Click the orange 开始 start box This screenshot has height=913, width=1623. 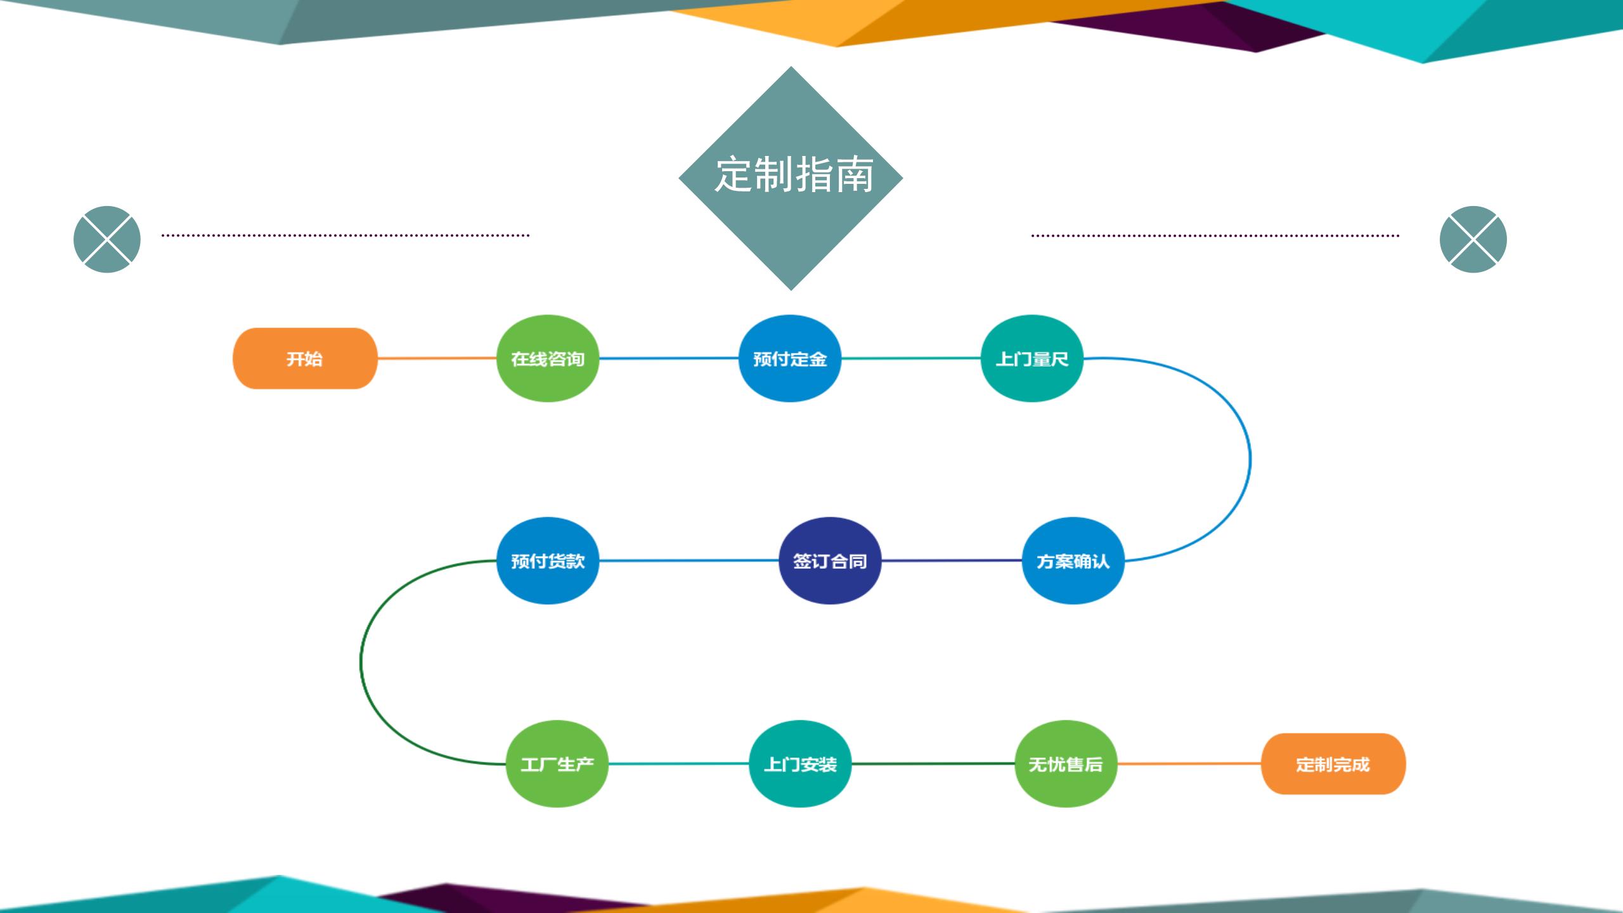(305, 358)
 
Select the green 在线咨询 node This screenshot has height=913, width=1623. (548, 358)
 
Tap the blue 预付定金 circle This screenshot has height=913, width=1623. (790, 358)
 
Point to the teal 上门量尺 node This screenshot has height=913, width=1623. (1032, 358)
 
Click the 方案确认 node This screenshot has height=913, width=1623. (1073, 560)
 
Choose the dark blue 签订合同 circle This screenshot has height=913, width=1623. (830, 560)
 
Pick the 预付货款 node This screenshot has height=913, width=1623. (548, 560)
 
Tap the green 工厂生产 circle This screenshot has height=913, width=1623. (557, 763)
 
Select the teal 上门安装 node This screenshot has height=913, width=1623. (800, 763)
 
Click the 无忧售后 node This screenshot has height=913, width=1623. (1066, 763)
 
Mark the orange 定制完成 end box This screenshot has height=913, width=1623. (1333, 763)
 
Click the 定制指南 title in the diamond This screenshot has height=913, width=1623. (794, 174)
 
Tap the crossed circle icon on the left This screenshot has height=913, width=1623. (107, 239)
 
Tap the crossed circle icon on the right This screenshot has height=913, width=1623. (1473, 239)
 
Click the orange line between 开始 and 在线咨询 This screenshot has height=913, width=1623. (437, 358)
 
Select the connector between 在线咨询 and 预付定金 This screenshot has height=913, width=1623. (669, 358)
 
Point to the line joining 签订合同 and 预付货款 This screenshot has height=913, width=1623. (689, 560)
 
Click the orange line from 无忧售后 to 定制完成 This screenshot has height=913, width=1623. (1189, 763)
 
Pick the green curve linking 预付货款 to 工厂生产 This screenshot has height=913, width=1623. (361, 662)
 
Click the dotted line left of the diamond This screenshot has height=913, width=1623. (346, 235)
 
